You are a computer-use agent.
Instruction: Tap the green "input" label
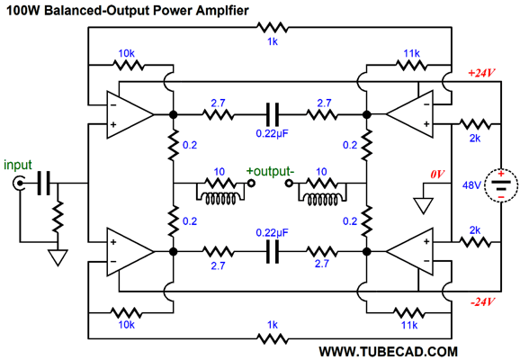[18, 166]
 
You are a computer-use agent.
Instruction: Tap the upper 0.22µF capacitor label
[271, 133]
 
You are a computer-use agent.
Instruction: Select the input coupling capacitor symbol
[41, 186]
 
